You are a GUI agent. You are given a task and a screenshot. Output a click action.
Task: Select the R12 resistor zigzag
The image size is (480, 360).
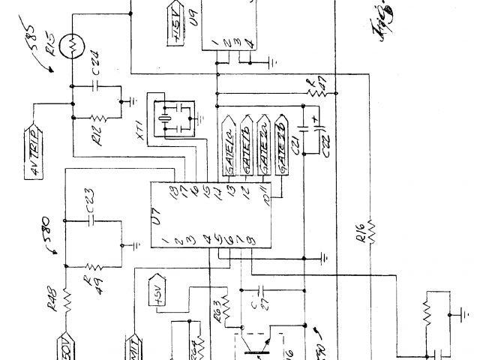pos(97,118)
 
